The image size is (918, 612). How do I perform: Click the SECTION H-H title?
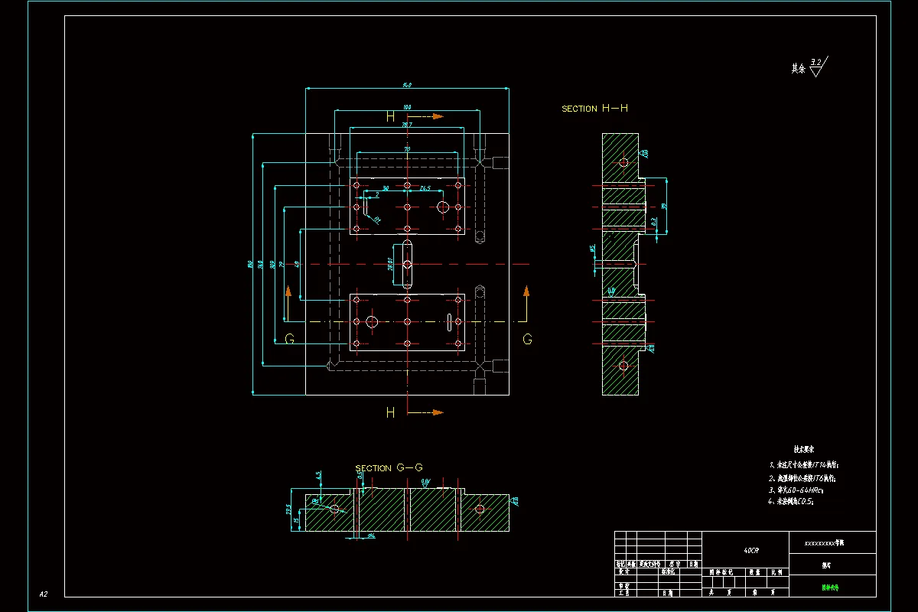[594, 109]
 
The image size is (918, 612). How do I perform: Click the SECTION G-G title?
[389, 467]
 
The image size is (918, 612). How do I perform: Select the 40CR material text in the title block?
[751, 550]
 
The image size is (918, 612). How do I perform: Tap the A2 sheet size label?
[44, 594]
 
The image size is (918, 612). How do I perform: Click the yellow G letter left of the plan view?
[289, 339]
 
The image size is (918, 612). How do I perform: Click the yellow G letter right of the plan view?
[527, 339]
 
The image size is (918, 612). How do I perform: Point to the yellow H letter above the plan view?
[390, 117]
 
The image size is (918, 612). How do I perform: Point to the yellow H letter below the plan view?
[390, 413]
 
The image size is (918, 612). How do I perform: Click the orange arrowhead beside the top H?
[438, 116]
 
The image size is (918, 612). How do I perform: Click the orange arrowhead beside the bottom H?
[438, 412]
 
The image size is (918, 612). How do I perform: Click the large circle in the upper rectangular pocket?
[443, 207]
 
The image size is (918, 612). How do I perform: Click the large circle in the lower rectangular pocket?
[372, 322]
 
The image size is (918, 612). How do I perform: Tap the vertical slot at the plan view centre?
[407, 265]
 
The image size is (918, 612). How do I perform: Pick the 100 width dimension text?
[406, 107]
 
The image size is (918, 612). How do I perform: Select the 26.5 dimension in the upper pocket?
[425, 187]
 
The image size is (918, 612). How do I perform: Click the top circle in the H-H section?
[623, 162]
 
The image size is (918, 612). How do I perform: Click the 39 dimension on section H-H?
[664, 207]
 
